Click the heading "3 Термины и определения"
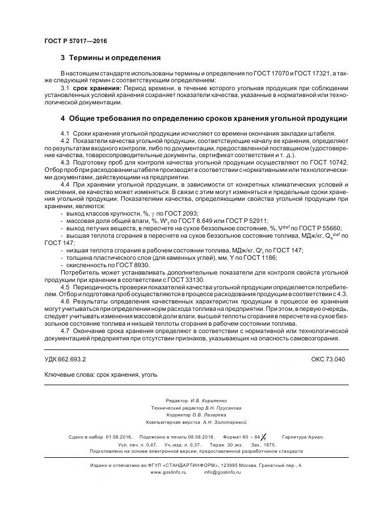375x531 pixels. (111, 58)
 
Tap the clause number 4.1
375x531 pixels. (65, 132)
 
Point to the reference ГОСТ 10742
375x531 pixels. (328, 162)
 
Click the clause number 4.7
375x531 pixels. (65, 331)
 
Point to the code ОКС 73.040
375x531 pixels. (328, 360)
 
